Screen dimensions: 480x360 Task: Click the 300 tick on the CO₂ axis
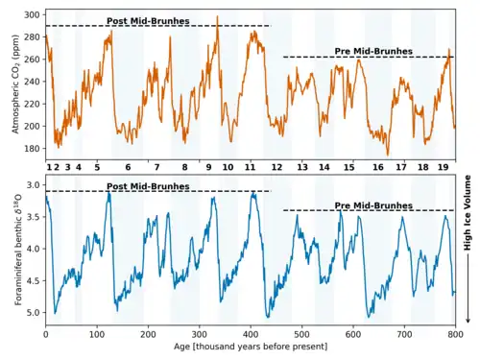pos(32,15)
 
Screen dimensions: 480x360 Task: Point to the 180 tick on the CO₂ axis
pos(32,149)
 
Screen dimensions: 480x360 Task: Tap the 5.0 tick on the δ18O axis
pos(35,313)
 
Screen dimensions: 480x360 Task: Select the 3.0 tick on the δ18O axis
pos(35,185)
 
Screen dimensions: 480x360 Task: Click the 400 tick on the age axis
pos(251,335)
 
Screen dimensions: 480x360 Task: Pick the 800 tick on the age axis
pos(455,335)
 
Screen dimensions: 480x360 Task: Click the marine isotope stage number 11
pos(250,167)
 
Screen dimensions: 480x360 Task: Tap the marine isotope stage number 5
pos(97,167)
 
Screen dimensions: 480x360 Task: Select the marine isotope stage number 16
pos(378,167)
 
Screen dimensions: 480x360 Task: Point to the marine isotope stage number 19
pos(444,167)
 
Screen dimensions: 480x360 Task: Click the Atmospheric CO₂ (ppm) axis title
pos(15,84)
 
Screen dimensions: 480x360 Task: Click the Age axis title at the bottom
pos(251,347)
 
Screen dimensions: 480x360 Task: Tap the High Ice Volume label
pos(468,213)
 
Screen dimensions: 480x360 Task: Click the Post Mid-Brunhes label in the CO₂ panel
pos(148,21)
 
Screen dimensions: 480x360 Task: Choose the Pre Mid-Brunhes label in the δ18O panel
pos(373,205)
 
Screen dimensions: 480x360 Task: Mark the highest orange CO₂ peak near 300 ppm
pos(218,16)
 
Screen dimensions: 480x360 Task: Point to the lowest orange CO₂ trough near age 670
pos(388,156)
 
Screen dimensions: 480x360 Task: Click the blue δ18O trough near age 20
pos(55,313)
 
